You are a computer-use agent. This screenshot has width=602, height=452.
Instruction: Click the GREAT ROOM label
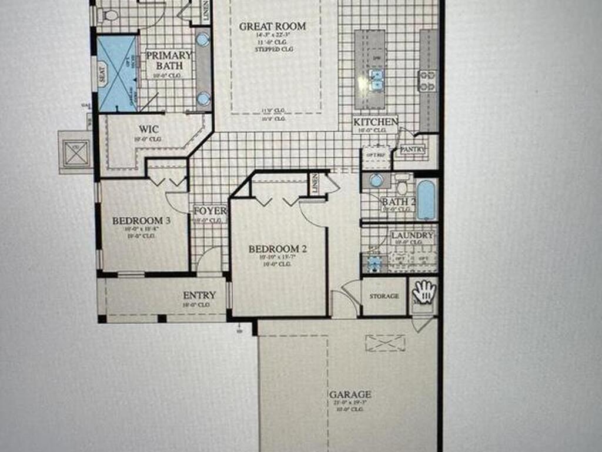point(273,26)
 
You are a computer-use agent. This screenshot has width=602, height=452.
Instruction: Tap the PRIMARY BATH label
point(169,60)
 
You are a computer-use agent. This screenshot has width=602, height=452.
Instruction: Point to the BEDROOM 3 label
point(141,221)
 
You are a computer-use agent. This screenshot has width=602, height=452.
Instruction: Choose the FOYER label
point(210,211)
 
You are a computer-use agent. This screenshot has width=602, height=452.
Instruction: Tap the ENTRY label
point(199,295)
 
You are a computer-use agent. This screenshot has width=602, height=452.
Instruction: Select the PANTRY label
point(412,150)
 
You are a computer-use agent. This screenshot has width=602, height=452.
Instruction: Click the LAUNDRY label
point(412,235)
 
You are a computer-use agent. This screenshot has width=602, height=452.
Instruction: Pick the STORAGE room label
point(384,296)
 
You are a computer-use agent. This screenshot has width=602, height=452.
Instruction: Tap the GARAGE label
point(350,394)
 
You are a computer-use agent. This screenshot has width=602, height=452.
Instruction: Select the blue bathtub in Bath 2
point(426,200)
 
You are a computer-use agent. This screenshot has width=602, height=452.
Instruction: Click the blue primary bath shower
point(117,74)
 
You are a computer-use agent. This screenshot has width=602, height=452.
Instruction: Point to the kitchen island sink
point(376,79)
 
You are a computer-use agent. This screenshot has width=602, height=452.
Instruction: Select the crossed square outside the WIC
point(76,153)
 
